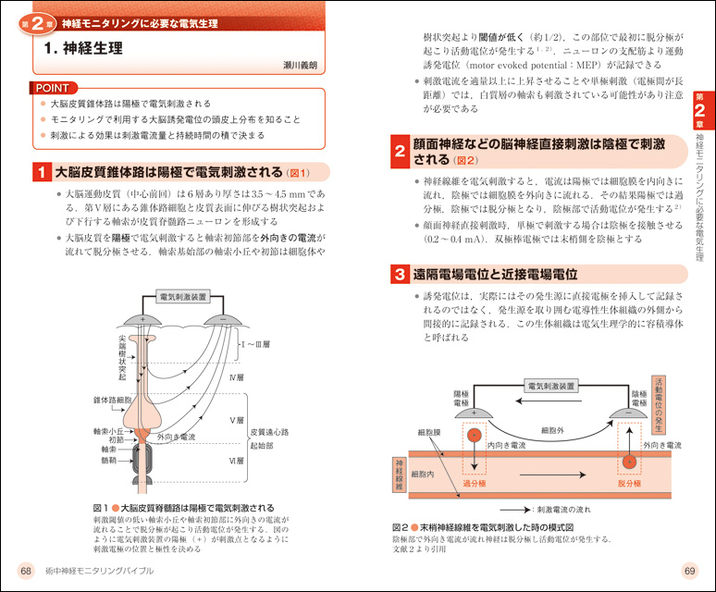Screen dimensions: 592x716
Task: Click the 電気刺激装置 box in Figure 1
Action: coord(183,298)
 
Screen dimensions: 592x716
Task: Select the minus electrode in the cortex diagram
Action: coord(223,320)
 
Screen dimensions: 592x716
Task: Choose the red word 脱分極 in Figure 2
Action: coord(629,483)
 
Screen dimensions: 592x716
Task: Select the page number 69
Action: coord(688,568)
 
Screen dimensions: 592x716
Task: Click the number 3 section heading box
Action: coord(397,275)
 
